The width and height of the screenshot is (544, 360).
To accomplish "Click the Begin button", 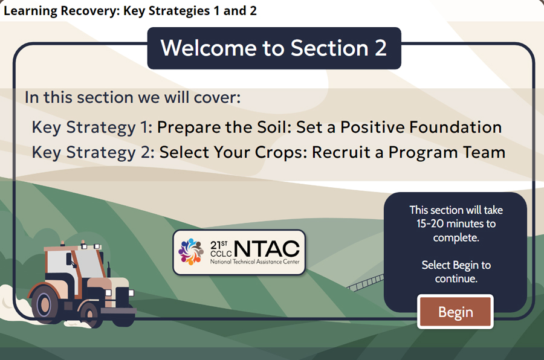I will tap(455, 312).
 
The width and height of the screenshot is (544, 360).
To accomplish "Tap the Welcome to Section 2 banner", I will tap(274, 48).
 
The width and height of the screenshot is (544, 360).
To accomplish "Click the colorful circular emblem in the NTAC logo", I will tap(191, 251).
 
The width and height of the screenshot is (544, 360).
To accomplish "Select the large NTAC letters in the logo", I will tap(266, 248).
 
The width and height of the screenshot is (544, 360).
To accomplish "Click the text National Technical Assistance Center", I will tap(254, 262).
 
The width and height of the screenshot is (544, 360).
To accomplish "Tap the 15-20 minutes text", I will tap(456, 224).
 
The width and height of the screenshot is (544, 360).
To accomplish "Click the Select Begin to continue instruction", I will tap(456, 272).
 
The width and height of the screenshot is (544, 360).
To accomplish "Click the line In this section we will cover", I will tap(132, 97).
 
